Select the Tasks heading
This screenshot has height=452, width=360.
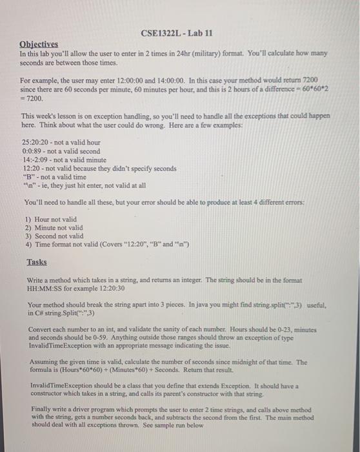coord(36,263)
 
